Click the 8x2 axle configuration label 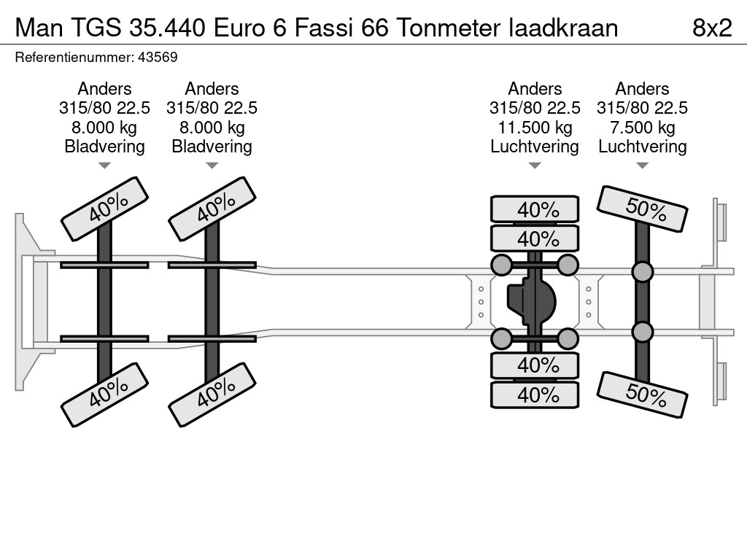point(712,28)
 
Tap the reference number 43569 point(158,58)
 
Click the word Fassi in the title point(323,28)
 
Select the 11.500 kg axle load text point(535,128)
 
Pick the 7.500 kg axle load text point(642,128)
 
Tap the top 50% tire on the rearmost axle point(642,209)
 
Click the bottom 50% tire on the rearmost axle point(642,394)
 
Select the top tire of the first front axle point(105,209)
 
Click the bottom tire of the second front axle point(212,394)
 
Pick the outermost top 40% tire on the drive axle point(535,209)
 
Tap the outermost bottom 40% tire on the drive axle point(535,394)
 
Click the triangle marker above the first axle point(105,166)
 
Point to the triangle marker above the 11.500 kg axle point(535,166)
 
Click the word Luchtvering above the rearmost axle point(642,147)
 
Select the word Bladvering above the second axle point(212,147)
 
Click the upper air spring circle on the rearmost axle point(642,272)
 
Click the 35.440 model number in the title point(167,28)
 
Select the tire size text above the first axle point(105,108)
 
